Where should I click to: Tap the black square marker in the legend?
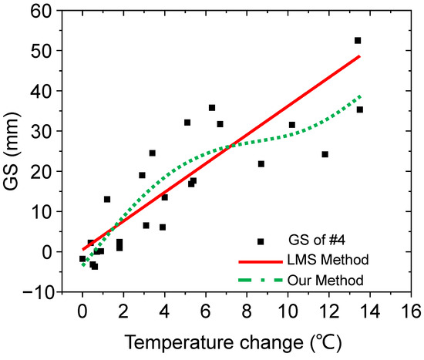point(261,241)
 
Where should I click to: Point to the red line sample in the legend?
point(261,259)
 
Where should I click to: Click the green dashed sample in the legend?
point(261,276)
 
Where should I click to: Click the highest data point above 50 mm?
point(358,40)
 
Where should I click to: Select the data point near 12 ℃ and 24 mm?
point(325,154)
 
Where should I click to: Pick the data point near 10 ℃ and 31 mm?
point(292,125)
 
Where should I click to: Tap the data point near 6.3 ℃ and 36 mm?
point(212,108)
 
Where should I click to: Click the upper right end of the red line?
point(359,56)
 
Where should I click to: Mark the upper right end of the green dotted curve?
point(360,96)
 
